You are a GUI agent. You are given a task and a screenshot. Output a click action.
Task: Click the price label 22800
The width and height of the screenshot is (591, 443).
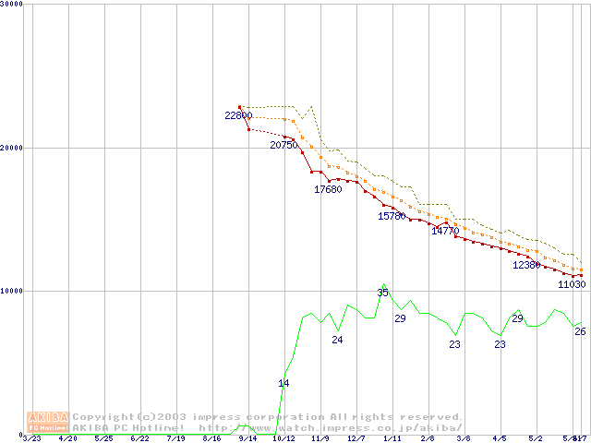click(x=238, y=115)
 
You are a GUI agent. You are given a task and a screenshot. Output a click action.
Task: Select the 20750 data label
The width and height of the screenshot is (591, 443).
click(x=284, y=145)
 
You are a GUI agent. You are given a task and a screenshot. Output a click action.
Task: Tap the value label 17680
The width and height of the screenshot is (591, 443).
click(x=328, y=189)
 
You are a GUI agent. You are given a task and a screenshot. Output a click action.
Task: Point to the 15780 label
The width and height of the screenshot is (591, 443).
click(x=392, y=216)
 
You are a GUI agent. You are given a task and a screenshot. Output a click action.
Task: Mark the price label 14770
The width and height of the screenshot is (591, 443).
click(x=445, y=231)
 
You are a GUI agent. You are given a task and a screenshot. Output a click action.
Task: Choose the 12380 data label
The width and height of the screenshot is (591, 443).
click(x=526, y=265)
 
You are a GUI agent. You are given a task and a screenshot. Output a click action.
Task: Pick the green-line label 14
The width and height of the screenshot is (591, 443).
click(x=283, y=382)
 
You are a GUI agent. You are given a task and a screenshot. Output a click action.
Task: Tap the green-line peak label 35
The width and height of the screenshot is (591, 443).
click(x=382, y=293)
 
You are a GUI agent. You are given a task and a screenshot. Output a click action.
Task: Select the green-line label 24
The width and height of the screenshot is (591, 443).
click(x=337, y=340)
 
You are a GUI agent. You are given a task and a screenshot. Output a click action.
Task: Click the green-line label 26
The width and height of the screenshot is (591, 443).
click(x=580, y=330)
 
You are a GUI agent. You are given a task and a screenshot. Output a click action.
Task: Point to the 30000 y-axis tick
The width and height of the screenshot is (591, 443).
click(x=12, y=5)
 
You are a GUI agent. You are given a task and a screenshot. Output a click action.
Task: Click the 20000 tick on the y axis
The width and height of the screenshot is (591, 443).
click(x=12, y=147)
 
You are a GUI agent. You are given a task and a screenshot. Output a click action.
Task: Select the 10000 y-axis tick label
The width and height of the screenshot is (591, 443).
click(x=12, y=291)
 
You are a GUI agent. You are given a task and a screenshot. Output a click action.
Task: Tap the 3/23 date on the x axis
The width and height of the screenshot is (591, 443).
click(x=32, y=438)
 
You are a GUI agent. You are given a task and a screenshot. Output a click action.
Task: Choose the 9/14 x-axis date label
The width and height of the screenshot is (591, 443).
click(x=247, y=438)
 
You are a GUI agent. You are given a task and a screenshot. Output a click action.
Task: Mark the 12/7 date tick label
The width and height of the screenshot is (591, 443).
click(x=356, y=438)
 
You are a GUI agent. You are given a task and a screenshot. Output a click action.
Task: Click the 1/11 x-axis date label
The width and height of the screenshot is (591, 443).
click(x=392, y=438)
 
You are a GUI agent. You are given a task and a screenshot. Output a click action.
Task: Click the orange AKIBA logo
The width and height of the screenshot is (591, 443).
click(x=48, y=422)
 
